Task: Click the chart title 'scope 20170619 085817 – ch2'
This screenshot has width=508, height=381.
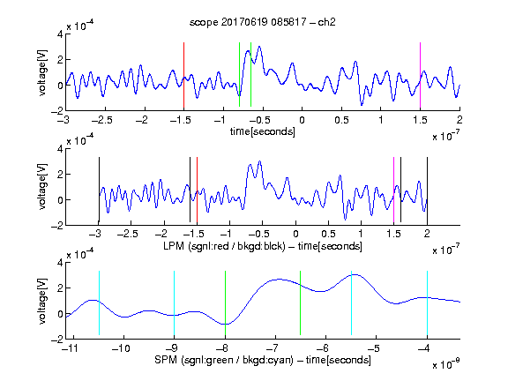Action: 263,22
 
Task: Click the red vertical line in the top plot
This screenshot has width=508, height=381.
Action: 183,75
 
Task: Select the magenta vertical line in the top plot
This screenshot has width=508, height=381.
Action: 420,75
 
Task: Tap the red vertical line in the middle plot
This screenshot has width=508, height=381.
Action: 197,190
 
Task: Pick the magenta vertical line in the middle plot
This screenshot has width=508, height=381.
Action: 393,190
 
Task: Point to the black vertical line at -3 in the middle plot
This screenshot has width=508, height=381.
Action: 99,190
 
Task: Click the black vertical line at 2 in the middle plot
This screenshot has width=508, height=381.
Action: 427,190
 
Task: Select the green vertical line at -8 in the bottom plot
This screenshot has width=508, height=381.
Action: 225,303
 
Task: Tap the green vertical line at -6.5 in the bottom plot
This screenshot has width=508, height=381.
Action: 301,303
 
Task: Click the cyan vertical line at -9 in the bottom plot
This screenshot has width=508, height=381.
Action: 174,303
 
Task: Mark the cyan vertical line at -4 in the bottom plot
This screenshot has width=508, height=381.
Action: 427,303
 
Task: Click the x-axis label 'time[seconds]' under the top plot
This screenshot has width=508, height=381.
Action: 263,131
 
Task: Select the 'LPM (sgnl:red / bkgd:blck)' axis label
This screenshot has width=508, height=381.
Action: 224,246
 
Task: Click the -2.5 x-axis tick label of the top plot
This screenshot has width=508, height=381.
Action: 102,120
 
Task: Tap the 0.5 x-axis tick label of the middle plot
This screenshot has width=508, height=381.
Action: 328,234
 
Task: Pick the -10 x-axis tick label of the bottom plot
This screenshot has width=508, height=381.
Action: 121,348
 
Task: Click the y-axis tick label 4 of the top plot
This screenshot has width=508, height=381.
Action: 60,34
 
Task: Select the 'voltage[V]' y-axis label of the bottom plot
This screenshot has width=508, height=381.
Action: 42,301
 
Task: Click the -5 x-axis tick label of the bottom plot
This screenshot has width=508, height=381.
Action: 373,348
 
